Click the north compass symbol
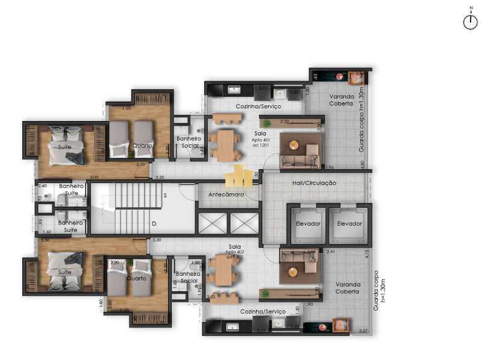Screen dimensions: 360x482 pyautogui.click(x=470, y=22)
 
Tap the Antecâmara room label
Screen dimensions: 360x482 pyautogui.click(x=226, y=195)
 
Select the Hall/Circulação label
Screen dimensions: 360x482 pyautogui.click(x=314, y=182)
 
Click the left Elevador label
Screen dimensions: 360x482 pyautogui.click(x=308, y=223)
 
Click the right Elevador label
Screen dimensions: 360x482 pyautogui.click(x=349, y=223)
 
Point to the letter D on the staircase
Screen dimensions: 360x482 pyautogui.click(x=154, y=224)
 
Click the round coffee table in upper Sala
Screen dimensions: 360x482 pyautogui.click(x=293, y=144)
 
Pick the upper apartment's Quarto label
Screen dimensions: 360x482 pyautogui.click(x=142, y=146)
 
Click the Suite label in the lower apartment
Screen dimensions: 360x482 pyautogui.click(x=65, y=272)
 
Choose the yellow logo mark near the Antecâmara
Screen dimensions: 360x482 pyautogui.click(x=239, y=176)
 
